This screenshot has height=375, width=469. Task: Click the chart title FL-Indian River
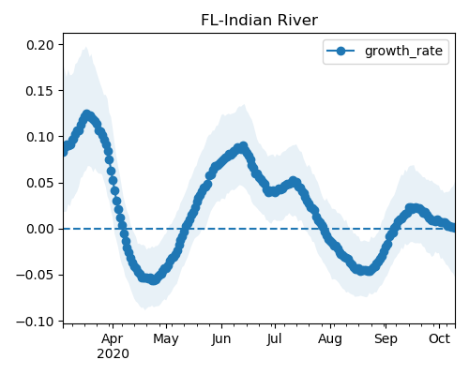pyautogui.click(x=259, y=21)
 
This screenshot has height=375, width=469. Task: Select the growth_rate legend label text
pyautogui.click(x=403, y=52)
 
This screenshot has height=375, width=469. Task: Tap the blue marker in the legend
pyautogui.click(x=340, y=51)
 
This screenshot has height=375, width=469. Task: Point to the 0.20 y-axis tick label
pyautogui.click(x=40, y=45)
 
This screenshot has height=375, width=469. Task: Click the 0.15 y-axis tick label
pyautogui.click(x=40, y=91)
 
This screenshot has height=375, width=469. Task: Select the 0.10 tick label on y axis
pyautogui.click(x=40, y=137)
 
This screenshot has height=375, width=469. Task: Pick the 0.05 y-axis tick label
pyautogui.click(x=40, y=183)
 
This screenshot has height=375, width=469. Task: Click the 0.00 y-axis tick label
pyautogui.click(x=40, y=229)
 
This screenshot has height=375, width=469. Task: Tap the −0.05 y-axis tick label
pyautogui.click(x=36, y=276)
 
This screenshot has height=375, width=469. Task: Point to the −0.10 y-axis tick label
pyautogui.click(x=36, y=322)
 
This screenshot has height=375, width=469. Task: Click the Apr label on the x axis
pyautogui.click(x=113, y=339)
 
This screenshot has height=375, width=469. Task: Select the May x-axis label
pyautogui.click(x=166, y=339)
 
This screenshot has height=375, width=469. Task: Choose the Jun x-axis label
pyautogui.click(x=221, y=339)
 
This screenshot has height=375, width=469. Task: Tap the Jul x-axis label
pyautogui.click(x=275, y=339)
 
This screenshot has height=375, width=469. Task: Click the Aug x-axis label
pyautogui.click(x=330, y=339)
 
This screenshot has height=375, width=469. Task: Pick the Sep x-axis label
pyautogui.click(x=386, y=339)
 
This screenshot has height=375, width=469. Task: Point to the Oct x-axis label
pyautogui.click(x=440, y=339)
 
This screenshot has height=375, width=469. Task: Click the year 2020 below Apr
pyautogui.click(x=113, y=354)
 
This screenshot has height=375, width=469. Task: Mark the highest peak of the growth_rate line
pyautogui.click(x=87, y=114)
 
